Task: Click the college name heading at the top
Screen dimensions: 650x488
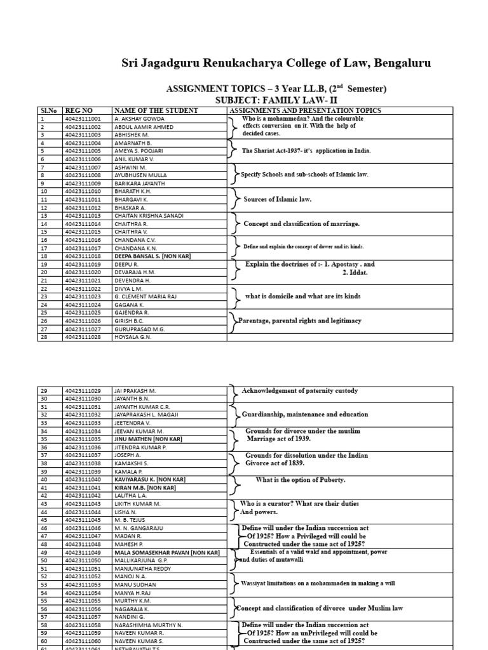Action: (x=276, y=63)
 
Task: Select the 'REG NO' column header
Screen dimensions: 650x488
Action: (x=79, y=110)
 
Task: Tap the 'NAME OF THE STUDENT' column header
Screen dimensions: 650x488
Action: (x=156, y=110)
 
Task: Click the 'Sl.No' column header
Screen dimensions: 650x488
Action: (x=49, y=110)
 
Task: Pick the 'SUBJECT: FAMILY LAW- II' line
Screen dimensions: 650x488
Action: (x=276, y=100)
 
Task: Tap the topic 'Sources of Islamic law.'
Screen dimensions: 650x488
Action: (x=277, y=199)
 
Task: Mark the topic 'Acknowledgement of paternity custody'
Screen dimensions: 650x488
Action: (x=300, y=390)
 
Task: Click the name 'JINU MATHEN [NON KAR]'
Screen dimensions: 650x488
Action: (x=148, y=439)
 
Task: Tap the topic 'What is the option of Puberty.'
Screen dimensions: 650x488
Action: (x=301, y=480)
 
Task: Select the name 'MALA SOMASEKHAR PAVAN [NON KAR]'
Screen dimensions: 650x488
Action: (x=166, y=552)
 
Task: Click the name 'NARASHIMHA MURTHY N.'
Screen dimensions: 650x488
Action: (x=148, y=625)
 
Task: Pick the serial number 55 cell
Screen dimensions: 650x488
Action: (x=44, y=600)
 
